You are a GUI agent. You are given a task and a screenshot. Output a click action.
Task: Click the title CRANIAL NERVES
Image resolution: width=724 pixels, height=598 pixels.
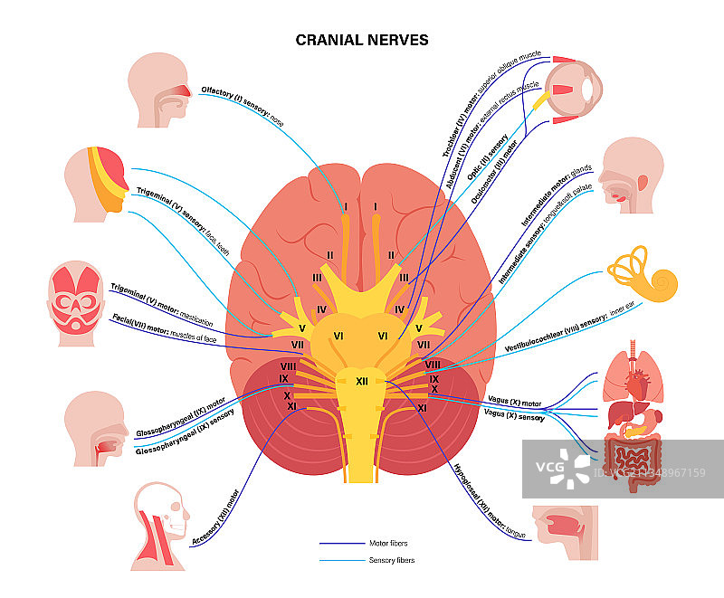[x=362, y=40]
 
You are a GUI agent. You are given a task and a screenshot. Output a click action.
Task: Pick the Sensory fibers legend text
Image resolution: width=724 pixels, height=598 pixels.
[x=393, y=561]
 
